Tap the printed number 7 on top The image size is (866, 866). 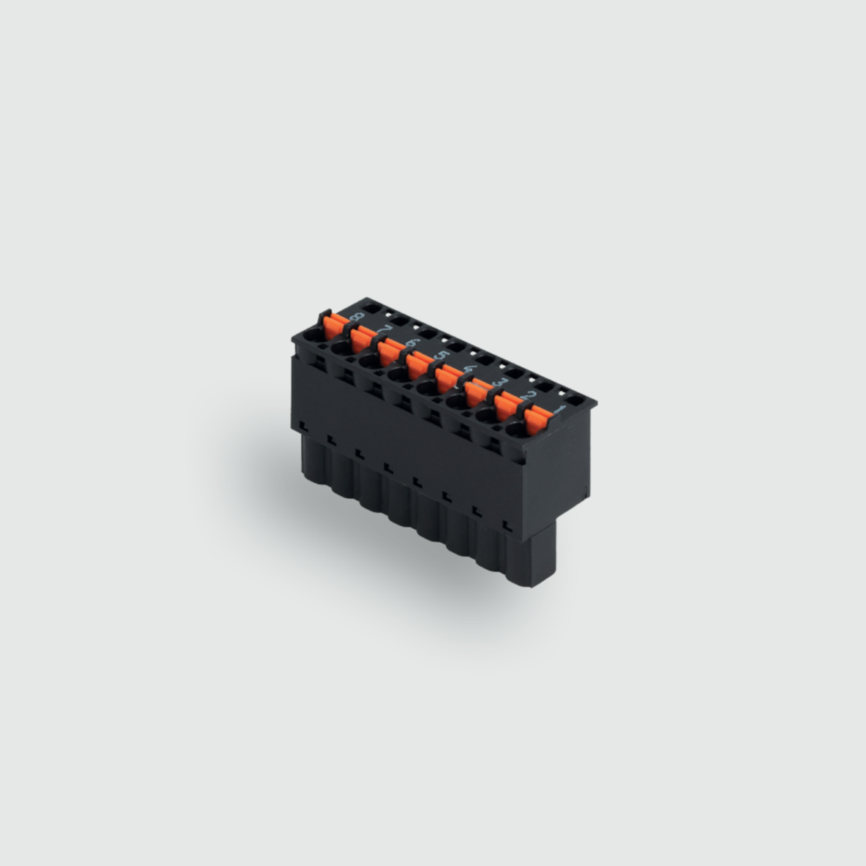tap(386, 328)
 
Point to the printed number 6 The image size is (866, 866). tap(414, 342)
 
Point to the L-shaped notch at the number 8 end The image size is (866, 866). tap(303, 423)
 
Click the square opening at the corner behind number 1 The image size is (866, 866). tap(576, 400)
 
